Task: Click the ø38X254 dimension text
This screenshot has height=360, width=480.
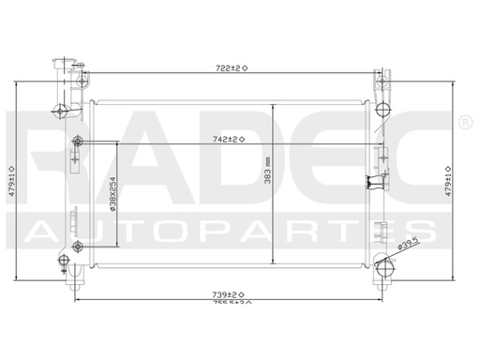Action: pos(113,200)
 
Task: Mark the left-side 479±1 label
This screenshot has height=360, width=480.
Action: pos(11,176)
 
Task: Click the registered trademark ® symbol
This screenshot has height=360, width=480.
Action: pos(464,123)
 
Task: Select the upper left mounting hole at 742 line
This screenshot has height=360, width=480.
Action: pos(78,142)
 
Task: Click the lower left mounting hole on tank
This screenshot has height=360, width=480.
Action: pos(78,246)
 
